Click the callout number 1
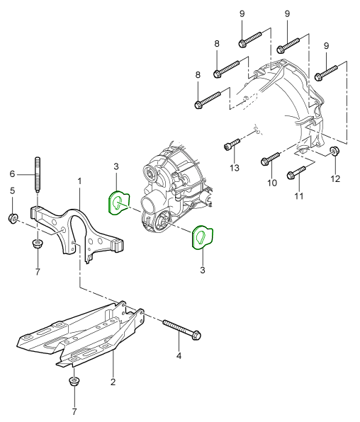[x=79, y=182]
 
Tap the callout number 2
[x=113, y=382]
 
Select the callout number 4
[x=179, y=355]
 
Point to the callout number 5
[x=12, y=191]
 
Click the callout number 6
[x=12, y=174]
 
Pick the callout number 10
[x=272, y=183]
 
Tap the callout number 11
[x=299, y=196]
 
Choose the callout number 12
[x=335, y=178]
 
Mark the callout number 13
[x=235, y=168]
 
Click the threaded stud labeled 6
[x=38, y=174]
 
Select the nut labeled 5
[x=13, y=217]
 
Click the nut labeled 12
[x=334, y=151]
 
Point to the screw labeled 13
[x=232, y=144]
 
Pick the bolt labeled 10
[x=271, y=159]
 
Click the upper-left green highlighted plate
[x=119, y=203]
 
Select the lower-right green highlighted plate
[x=203, y=236]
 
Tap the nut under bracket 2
[x=73, y=382]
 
